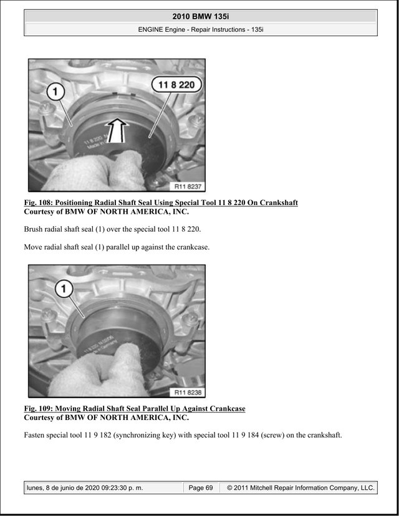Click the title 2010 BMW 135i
tap(201, 16)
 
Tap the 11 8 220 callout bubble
tap(176, 85)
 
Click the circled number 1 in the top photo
tap(55, 92)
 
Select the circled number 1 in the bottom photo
tap(64, 289)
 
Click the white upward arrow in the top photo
tap(117, 131)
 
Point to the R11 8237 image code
tap(187, 186)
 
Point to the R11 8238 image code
tap(187, 392)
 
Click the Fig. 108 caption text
tap(161, 203)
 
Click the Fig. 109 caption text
tap(135, 409)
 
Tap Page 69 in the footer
tap(201, 488)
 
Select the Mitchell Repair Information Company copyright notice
tap(301, 488)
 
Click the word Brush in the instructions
tap(32, 229)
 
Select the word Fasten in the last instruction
tap(34, 435)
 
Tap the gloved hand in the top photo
tap(99, 171)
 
